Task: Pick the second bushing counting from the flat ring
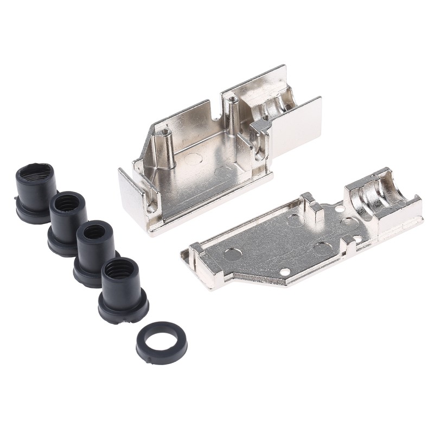95,253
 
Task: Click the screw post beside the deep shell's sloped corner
163,146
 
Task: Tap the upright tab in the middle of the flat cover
311,205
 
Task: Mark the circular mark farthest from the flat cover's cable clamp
232,252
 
